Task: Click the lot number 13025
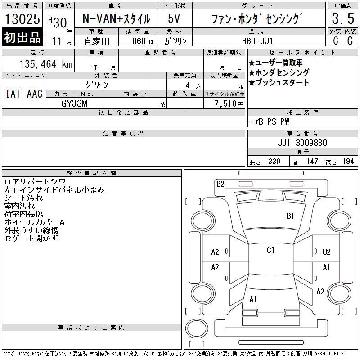click(x=22, y=19)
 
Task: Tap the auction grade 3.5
click(x=343, y=18)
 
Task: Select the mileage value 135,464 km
click(x=46, y=64)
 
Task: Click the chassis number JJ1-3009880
click(x=302, y=143)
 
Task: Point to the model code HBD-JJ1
click(x=257, y=41)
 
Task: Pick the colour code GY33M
click(x=74, y=103)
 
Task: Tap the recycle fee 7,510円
click(x=229, y=104)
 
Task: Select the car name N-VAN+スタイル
click(x=116, y=19)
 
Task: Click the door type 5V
click(x=174, y=18)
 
